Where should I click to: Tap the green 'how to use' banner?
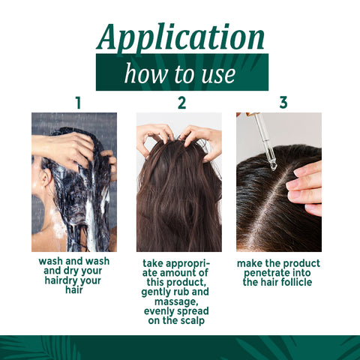pyautogui.click(x=180, y=73)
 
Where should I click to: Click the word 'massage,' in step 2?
pyautogui.click(x=178, y=301)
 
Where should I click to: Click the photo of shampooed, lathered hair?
pyautogui.click(x=74, y=181)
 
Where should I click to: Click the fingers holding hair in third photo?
pyautogui.click(x=306, y=184)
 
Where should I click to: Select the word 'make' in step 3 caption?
pyautogui.click(x=250, y=264)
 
